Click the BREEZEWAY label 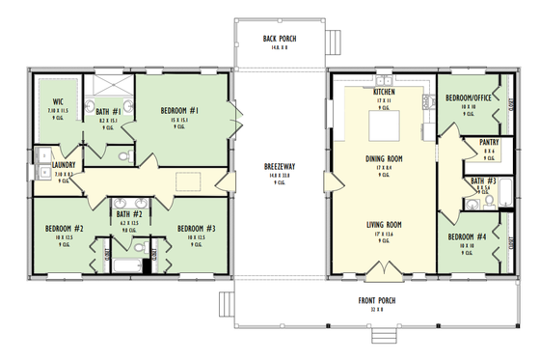280,166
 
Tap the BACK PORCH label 280,39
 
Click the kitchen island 383,125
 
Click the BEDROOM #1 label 179,111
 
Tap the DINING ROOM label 383,159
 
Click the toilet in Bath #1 123,152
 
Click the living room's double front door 383,266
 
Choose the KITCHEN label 384,93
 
